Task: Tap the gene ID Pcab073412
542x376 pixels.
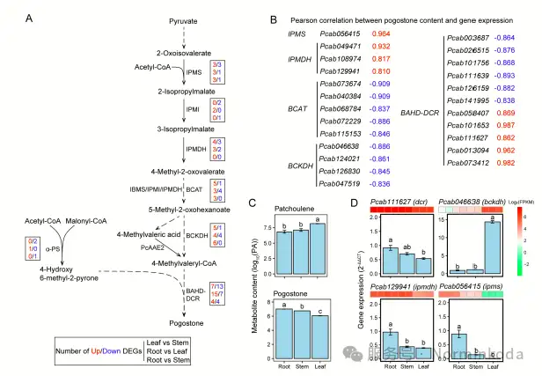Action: (465, 163)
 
